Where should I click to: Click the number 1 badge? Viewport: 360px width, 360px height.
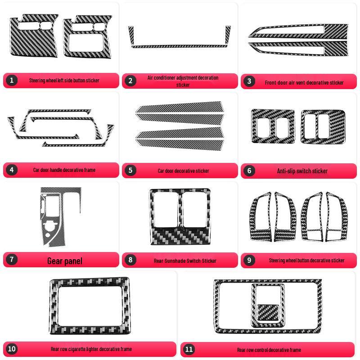(x=12, y=81)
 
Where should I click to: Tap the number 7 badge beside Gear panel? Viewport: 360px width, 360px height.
(x=12, y=260)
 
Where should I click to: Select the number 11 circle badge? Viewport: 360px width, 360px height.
(x=189, y=349)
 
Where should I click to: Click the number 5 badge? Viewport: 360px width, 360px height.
(x=130, y=170)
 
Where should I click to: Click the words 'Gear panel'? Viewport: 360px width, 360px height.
(x=65, y=261)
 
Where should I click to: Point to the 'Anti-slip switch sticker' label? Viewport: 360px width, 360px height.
(x=302, y=171)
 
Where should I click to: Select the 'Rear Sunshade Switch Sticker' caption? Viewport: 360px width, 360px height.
(x=185, y=261)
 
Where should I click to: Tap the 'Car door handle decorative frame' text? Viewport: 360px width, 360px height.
(x=64, y=170)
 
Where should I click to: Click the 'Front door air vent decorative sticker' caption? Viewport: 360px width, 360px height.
(x=304, y=83)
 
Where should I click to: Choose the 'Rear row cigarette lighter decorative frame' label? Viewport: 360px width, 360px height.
(x=91, y=349)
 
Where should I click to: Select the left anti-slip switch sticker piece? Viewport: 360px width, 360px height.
(x=273, y=126)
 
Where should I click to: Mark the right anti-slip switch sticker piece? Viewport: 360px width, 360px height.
(x=323, y=127)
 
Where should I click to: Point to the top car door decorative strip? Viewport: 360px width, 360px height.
(x=180, y=107)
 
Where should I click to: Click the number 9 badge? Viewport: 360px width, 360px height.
(x=249, y=260)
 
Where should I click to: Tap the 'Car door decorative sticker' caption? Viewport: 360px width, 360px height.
(x=184, y=171)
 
